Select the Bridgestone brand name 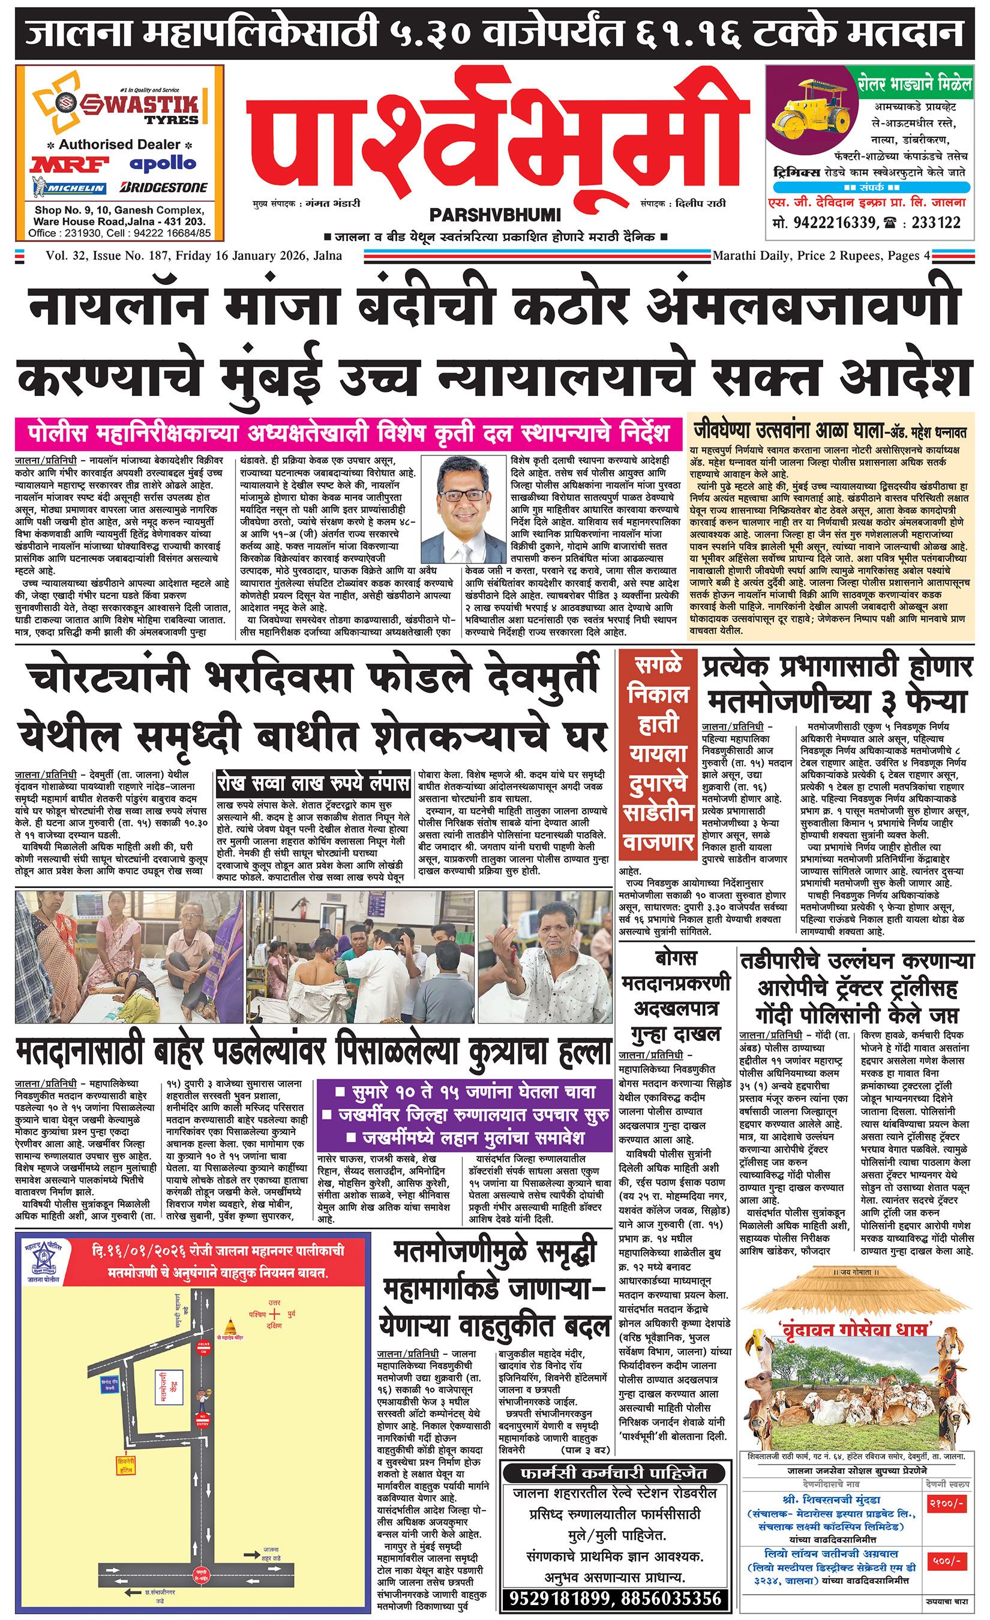(x=164, y=188)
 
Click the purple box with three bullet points (x=463, y=1114)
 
